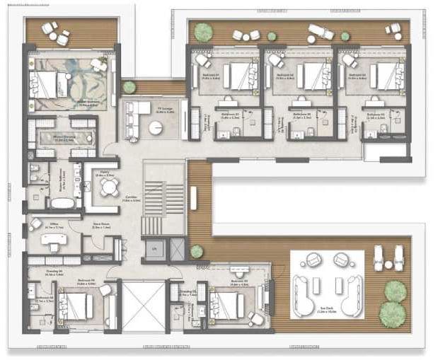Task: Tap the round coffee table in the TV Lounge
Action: pos(156,127)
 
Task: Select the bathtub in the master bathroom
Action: pos(62,203)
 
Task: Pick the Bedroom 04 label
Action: pos(86,281)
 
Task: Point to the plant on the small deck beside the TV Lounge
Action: pos(129,87)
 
